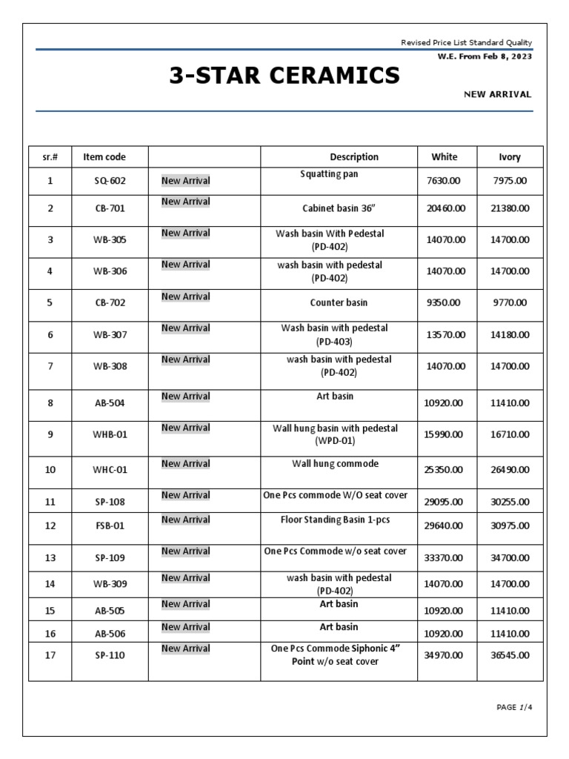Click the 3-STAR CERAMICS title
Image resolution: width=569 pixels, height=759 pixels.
pos(284,75)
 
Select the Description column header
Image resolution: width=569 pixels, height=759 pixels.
pos(353,156)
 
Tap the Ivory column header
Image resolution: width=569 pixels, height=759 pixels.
pos(510,156)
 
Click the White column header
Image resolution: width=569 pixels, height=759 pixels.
pos(445,156)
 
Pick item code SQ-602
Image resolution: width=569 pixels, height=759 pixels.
pos(110,181)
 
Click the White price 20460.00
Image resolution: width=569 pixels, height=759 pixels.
pos(446,208)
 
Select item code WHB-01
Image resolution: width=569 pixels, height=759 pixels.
pos(110,434)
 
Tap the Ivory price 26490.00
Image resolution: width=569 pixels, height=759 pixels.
pos(510,469)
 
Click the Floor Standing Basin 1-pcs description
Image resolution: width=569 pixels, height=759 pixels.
pos(335,520)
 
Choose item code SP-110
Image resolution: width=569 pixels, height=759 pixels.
pos(110,655)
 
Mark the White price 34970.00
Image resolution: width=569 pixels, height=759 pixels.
pos(445,655)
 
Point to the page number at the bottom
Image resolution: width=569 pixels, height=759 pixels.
pos(514,707)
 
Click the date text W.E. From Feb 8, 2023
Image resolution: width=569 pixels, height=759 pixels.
pos(485,57)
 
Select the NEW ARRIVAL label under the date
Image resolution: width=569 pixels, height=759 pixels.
pos(497,94)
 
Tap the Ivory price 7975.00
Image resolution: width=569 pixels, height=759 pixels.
pos(510,181)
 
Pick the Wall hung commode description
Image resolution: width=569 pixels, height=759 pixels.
pos(335,463)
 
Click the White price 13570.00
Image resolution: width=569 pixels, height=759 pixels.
pos(446,335)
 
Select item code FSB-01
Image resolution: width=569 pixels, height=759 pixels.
pos(110,526)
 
